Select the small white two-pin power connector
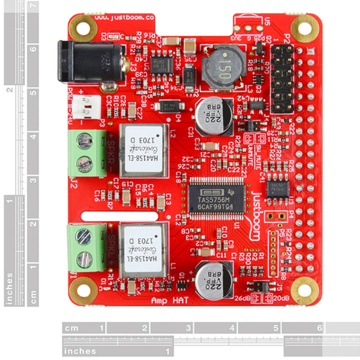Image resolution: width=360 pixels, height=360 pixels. (87, 104)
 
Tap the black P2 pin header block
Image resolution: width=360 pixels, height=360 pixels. (282, 79)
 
